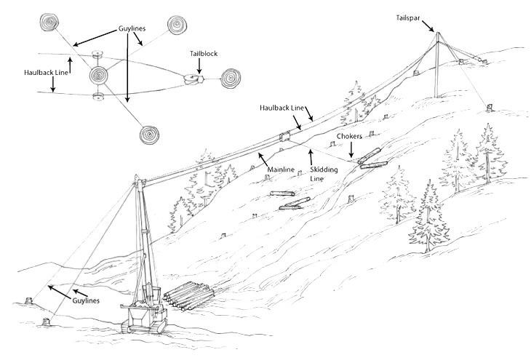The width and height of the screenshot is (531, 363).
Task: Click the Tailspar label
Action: point(408,17)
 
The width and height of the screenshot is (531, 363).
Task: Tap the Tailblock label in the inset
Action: point(204,54)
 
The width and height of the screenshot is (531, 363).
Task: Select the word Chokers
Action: point(349,136)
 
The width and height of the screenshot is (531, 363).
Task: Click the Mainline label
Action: point(281,169)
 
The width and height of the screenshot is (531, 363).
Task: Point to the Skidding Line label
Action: point(324,174)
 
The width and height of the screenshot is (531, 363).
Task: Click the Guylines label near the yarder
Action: point(86,300)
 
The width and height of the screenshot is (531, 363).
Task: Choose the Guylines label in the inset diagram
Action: point(132,28)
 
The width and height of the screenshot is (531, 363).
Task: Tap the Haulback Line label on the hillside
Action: point(282,108)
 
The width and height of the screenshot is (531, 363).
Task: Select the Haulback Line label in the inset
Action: point(46,73)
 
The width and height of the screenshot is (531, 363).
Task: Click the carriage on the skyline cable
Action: point(285,137)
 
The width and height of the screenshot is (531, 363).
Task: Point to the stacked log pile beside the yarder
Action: point(188,296)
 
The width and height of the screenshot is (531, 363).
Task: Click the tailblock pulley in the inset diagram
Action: point(193,79)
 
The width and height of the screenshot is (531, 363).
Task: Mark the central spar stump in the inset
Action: point(98,75)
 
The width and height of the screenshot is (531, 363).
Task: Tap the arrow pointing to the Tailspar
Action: point(428,26)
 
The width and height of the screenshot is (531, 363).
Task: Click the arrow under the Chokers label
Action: point(351,149)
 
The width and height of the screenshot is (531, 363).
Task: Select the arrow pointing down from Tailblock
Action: point(199,66)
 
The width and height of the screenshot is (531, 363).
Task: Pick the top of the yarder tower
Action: point(137,177)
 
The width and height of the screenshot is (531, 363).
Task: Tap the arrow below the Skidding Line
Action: point(310,157)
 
